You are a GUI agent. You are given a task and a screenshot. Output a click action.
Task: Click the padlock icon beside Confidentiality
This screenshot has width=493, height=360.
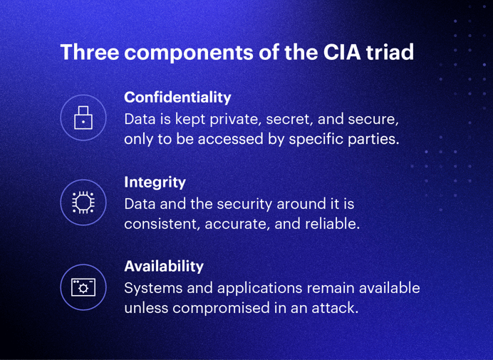pos(83,117)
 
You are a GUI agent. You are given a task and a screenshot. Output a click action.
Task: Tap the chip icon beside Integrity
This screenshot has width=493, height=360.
pos(83,202)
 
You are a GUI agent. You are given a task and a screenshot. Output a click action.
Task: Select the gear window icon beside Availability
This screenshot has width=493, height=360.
pos(83,287)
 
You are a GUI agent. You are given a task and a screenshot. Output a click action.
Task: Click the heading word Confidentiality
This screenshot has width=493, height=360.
pos(177,97)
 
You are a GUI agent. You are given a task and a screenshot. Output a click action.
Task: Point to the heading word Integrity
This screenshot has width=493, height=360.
pos(155,182)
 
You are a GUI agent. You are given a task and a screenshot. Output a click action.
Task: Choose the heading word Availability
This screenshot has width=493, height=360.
pos(164,266)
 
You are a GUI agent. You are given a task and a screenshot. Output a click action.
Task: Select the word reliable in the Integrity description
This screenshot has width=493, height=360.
pos(334,224)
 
